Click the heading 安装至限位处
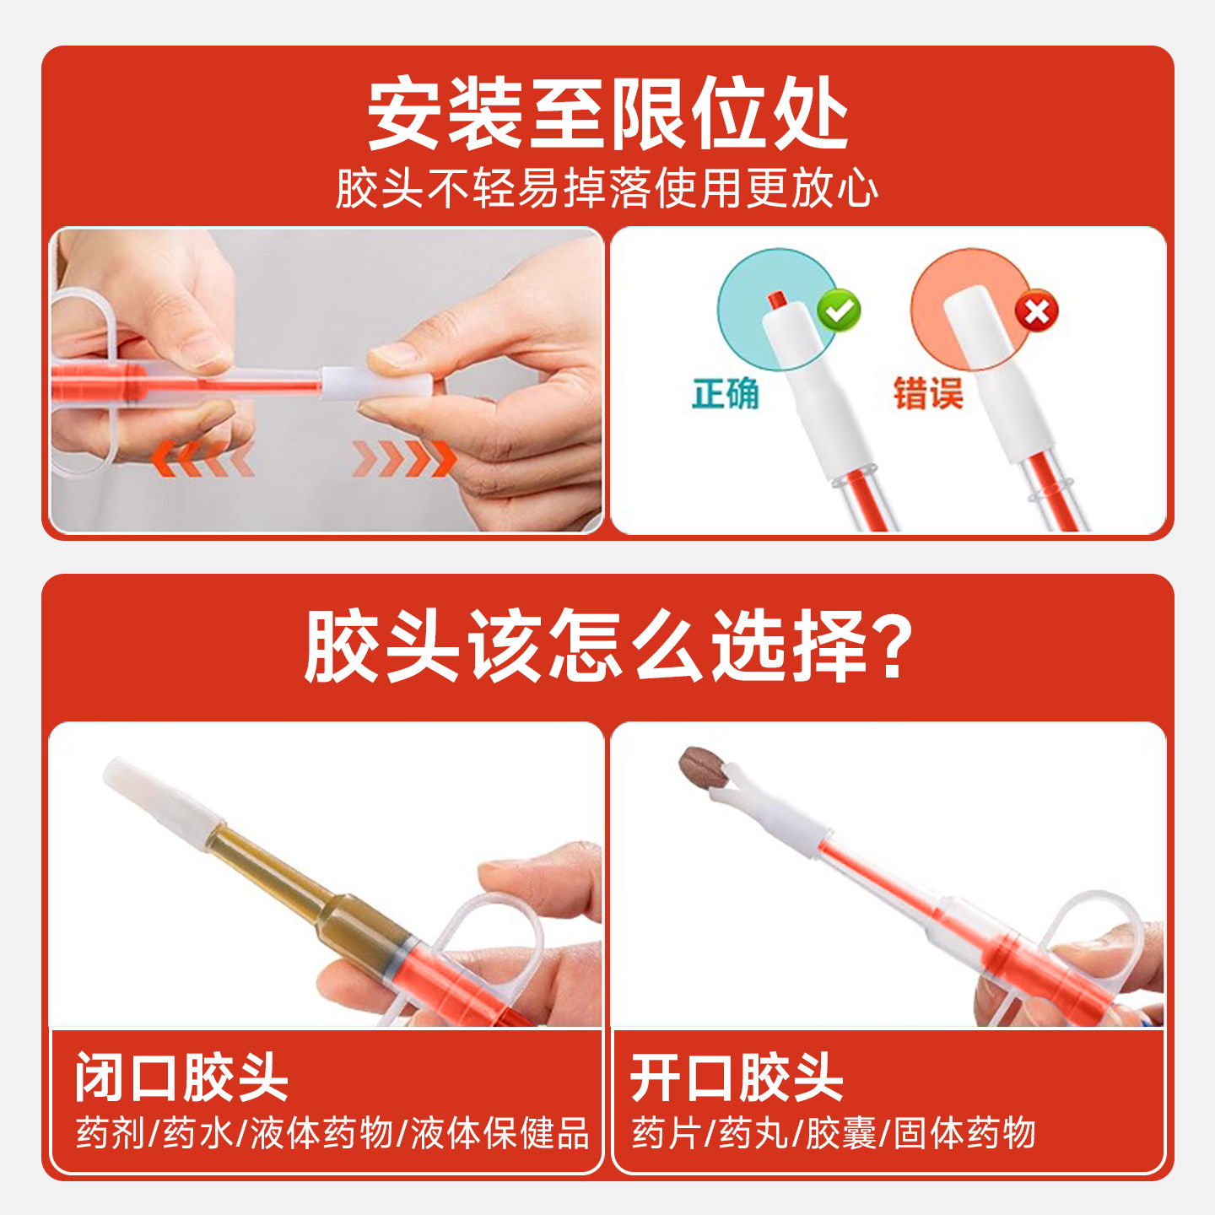click(x=607, y=114)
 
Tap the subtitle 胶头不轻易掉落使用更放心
click(x=607, y=187)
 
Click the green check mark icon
click(x=839, y=310)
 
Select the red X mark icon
click(x=1036, y=312)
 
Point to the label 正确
click(x=726, y=394)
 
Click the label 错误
click(x=928, y=394)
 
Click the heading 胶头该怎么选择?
click(x=607, y=645)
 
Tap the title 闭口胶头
click(x=181, y=1077)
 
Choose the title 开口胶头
click(x=737, y=1077)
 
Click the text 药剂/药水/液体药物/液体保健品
click(x=332, y=1133)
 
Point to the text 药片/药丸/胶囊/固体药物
click(x=834, y=1133)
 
